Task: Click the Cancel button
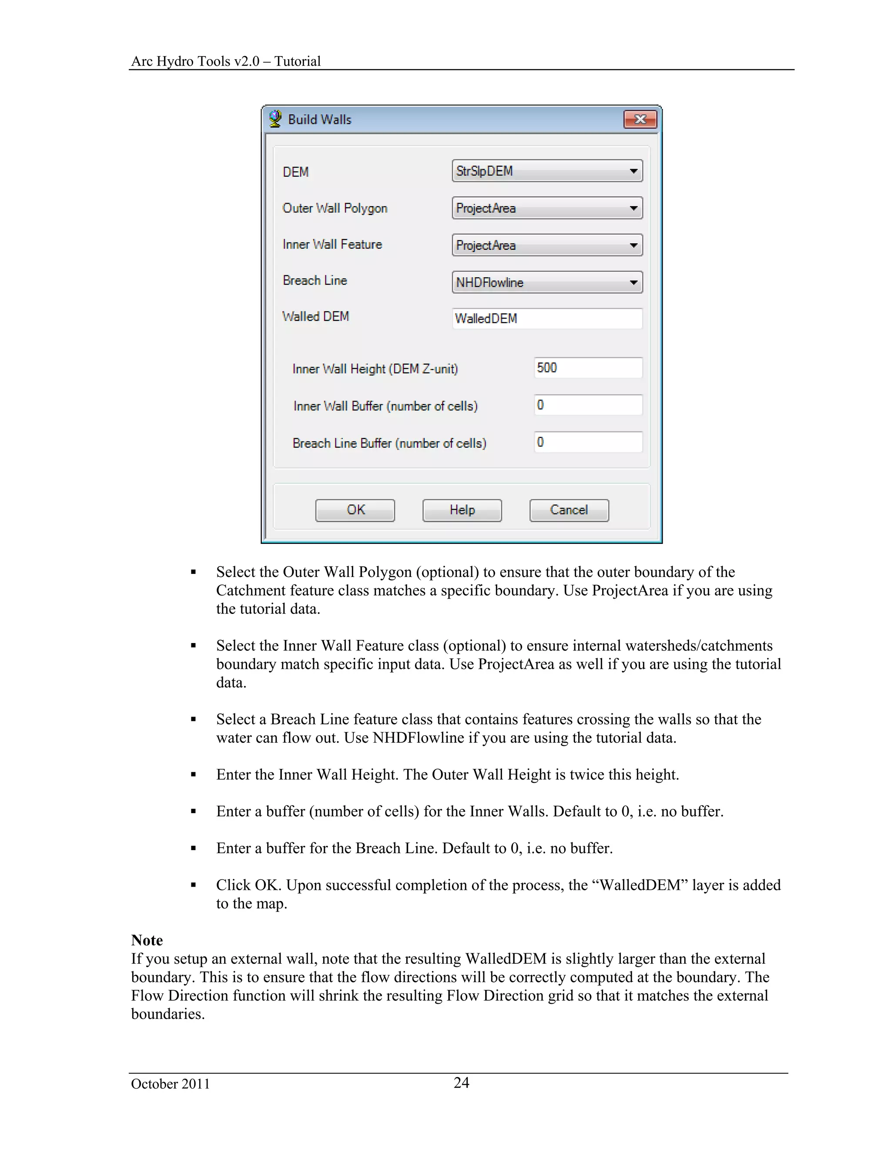tap(569, 510)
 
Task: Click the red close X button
tap(640, 119)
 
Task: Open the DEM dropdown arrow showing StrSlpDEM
tap(633, 171)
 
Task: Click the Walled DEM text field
tap(547, 318)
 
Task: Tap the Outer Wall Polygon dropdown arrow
tap(633, 208)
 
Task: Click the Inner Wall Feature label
tap(332, 245)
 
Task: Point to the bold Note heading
tap(147, 940)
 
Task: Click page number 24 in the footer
tap(461, 1083)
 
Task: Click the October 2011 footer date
tap(170, 1084)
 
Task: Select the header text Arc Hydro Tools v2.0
tap(195, 61)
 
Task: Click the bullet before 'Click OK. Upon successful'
tap(193, 885)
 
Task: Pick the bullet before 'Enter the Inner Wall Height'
tap(193, 775)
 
